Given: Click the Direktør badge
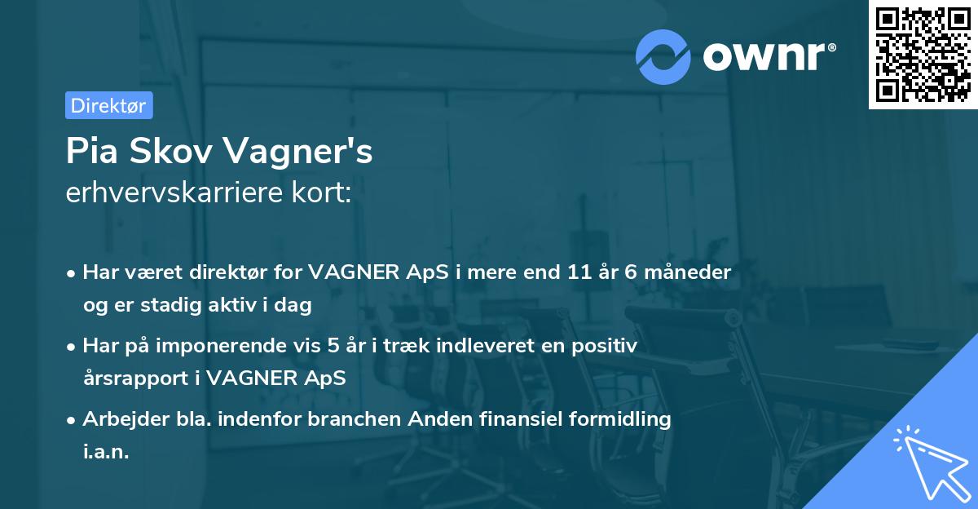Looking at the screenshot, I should click(x=108, y=105).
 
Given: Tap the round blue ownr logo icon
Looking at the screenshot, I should click(x=663, y=57).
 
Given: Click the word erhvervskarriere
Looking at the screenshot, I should click(x=177, y=194).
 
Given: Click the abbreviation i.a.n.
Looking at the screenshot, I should click(x=106, y=452).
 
